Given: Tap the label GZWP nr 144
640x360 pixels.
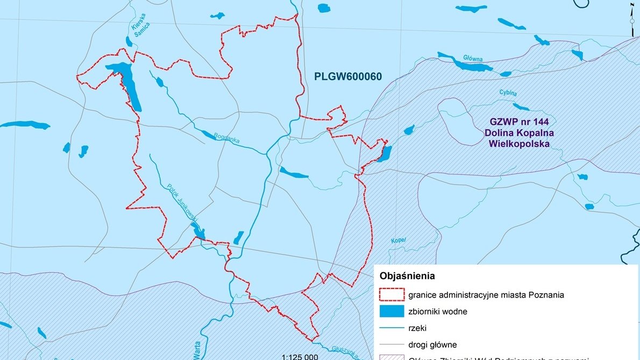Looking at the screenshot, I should point(519,122).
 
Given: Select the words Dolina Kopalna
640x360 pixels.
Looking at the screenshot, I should point(519,133).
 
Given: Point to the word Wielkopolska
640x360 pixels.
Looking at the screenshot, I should point(519,144).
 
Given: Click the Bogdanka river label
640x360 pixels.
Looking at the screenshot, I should point(226,139).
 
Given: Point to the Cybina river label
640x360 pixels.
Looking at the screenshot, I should point(507,93).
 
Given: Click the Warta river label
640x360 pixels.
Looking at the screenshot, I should point(197,349).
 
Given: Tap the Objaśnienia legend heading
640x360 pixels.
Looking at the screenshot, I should point(407,276).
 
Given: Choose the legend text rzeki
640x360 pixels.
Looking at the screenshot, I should point(417,327).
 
